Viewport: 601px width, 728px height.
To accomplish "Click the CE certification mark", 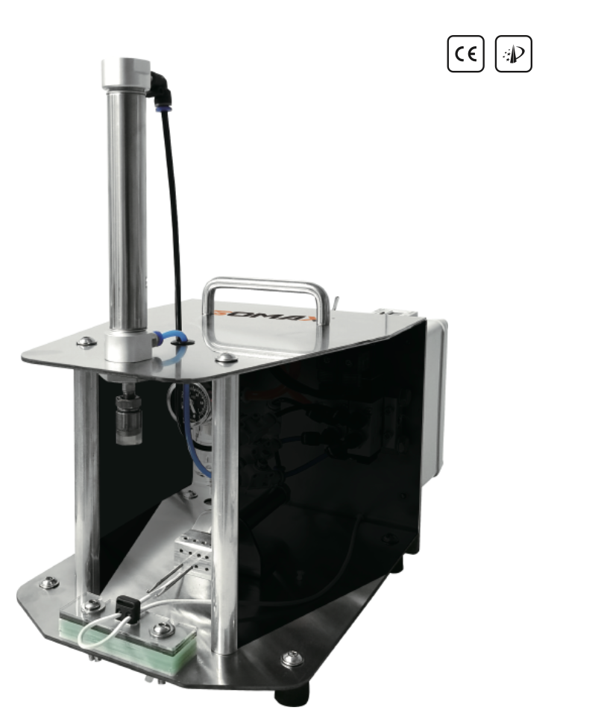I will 466,54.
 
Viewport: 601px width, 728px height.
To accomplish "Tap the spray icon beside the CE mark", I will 514,54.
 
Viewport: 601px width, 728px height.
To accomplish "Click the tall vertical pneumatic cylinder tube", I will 128,209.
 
